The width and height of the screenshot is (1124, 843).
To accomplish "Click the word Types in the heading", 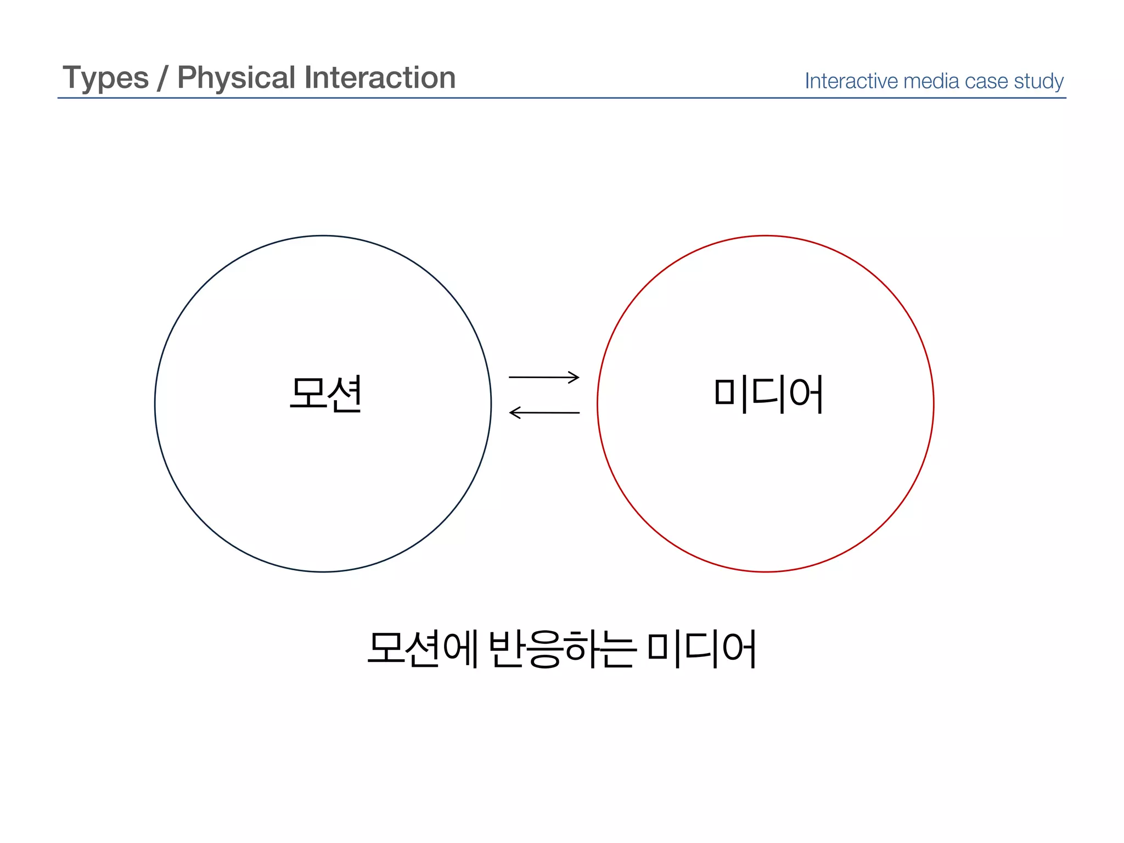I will click(x=105, y=78).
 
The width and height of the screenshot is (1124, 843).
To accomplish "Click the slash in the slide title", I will click(x=162, y=78).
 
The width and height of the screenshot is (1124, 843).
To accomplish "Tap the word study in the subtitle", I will click(x=1039, y=82).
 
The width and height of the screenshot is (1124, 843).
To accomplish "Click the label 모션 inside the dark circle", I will click(x=325, y=394).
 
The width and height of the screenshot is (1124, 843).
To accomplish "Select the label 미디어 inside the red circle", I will click(x=768, y=394).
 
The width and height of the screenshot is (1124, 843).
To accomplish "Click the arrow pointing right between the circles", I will click(x=543, y=377).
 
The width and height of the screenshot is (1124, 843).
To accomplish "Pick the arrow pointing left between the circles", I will click(x=544, y=412).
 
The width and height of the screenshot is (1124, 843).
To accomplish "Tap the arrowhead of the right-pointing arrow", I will click(x=574, y=377).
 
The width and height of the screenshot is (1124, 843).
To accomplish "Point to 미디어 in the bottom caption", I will click(x=702, y=649).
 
